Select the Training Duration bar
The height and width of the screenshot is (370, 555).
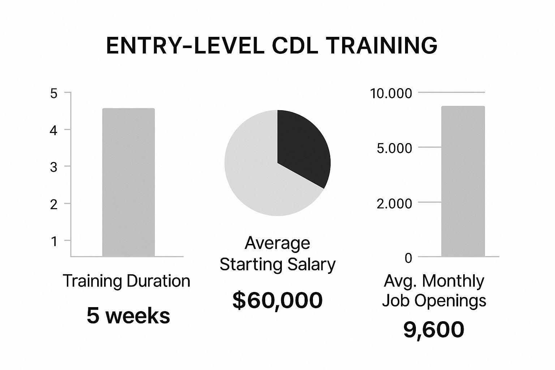coord(129,182)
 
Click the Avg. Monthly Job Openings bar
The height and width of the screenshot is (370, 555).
coord(463,181)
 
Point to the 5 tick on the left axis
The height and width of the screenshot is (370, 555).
coord(53,94)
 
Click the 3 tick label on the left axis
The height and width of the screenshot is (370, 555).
coord(53,167)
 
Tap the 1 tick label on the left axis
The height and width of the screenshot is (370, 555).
coord(54,241)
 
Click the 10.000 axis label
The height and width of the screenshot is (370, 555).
coord(391,94)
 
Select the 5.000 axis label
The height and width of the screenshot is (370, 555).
coord(395,149)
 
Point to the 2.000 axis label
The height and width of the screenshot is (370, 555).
coord(395,204)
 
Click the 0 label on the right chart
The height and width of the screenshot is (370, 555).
coord(408,258)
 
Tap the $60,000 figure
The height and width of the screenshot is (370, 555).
coord(277,300)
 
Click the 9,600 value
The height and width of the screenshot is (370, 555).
coord(434,330)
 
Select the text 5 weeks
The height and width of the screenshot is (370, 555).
coord(128,316)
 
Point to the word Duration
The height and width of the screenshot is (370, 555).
coord(158,281)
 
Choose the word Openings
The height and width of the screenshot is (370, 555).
coord(451,301)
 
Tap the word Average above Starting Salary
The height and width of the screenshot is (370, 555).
coord(277,243)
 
